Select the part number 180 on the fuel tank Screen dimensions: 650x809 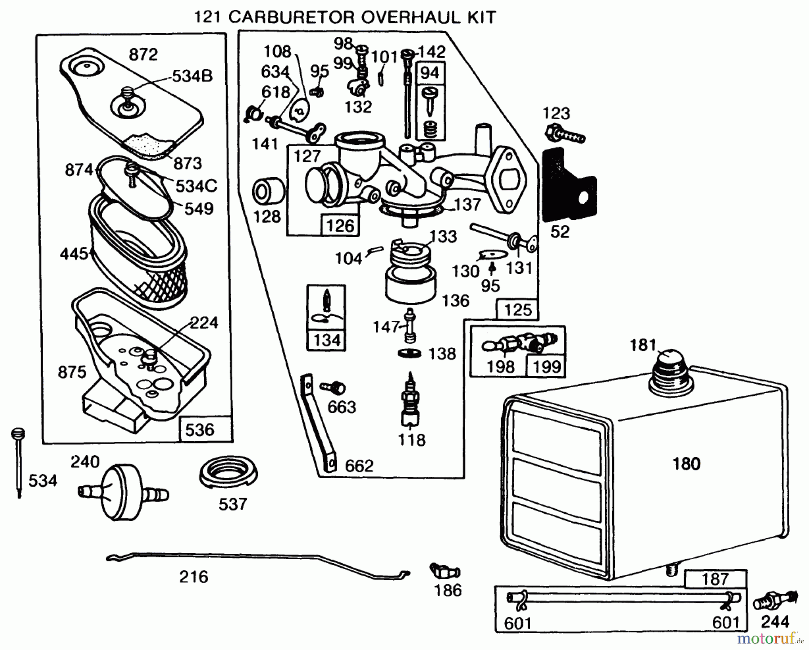(x=686, y=464)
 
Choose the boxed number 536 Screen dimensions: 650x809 (x=200, y=430)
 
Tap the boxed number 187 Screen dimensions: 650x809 (x=715, y=578)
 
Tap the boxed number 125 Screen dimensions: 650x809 (x=517, y=310)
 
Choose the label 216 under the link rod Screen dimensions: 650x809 (x=194, y=577)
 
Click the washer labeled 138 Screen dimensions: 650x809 (x=410, y=354)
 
